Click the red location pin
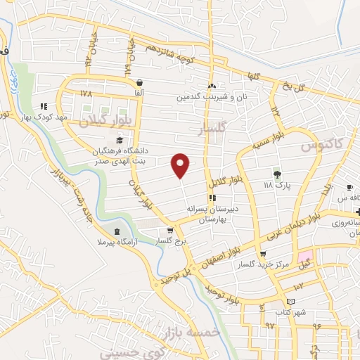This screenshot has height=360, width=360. (181, 165)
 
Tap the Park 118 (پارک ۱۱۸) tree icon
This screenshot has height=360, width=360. (276, 174)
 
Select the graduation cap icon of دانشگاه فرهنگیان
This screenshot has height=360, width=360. (119, 141)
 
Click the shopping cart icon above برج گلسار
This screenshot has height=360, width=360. (169, 230)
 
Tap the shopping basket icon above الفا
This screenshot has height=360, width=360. (139, 82)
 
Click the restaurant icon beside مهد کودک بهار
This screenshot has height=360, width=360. (44, 106)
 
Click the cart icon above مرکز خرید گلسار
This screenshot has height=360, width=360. (263, 255)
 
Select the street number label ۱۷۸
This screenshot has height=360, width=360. (86, 94)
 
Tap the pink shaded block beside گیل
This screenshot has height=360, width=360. (304, 257)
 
